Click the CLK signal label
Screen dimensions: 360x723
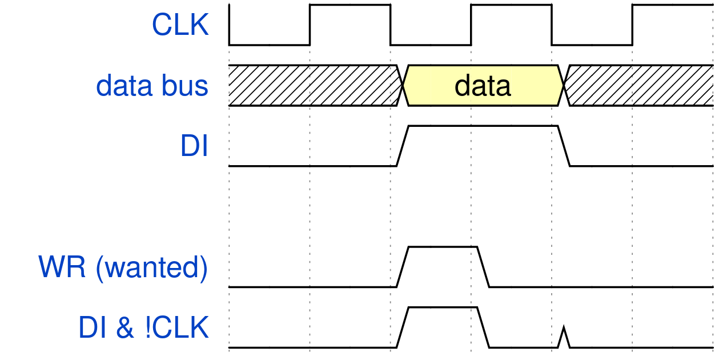180,25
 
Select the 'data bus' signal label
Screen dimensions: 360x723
152,86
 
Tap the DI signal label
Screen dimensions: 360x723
194,146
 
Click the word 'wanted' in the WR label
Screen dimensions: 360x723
151,268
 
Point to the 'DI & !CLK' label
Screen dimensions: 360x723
143,329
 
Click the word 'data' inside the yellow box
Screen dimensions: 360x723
483,86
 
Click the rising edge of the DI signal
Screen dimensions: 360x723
403,146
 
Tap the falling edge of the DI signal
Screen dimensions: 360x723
564,146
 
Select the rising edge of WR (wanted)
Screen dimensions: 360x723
403,267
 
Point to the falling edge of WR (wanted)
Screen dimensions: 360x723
483,267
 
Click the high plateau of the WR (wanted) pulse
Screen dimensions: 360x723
443,247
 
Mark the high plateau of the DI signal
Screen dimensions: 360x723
483,126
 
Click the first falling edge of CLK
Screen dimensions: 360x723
391,25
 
